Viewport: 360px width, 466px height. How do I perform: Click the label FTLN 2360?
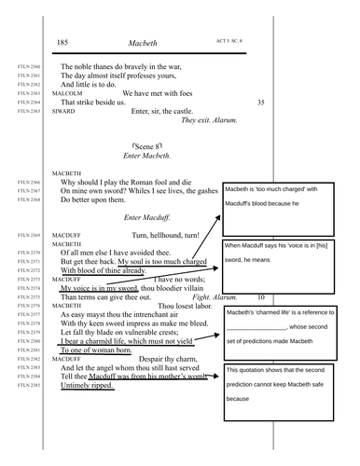point(29,68)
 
